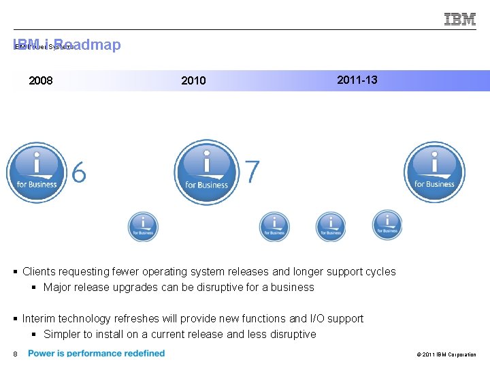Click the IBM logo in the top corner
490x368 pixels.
(460, 19)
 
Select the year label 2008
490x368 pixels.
(41, 81)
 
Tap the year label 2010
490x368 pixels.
(193, 81)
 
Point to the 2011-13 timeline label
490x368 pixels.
(357, 80)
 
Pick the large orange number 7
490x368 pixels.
(252, 172)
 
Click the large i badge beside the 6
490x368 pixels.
(37, 172)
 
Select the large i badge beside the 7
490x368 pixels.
(207, 172)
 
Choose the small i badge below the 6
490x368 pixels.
(143, 227)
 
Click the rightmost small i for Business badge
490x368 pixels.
(387, 225)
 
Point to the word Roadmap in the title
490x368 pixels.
(92, 45)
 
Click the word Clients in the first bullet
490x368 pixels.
(39, 271)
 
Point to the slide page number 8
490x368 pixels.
(14, 354)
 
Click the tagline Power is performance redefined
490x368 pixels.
(96, 353)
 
